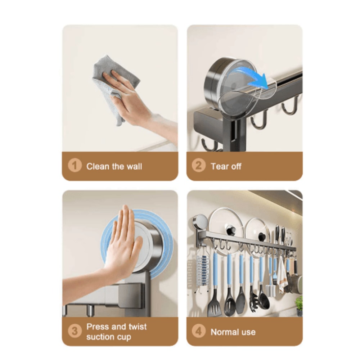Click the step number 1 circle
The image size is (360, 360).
tap(75, 166)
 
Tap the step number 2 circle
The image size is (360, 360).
tap(198, 166)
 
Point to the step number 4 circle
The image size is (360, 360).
tap(198, 332)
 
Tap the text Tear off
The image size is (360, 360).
tap(226, 166)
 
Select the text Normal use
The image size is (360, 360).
tap(233, 332)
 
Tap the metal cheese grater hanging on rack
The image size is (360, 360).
tap(203, 270)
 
